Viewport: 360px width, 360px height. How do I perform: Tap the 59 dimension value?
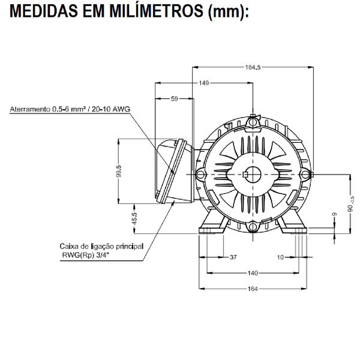(175, 98)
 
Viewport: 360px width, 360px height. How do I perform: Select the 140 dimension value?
(253, 273)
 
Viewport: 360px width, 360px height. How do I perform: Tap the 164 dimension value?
(253, 289)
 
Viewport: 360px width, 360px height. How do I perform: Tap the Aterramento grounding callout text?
(70, 110)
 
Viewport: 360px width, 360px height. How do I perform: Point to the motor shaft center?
(253, 173)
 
